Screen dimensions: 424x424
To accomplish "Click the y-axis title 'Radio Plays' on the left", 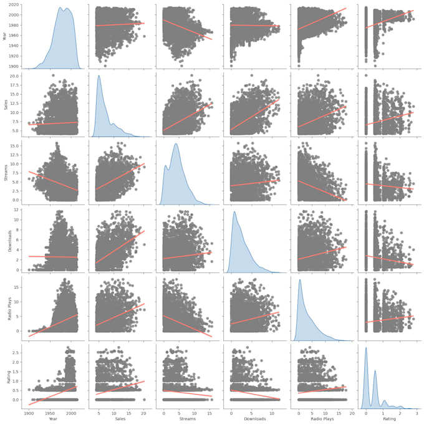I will coord(6,306).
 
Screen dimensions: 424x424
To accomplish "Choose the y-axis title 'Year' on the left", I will coord(6,36).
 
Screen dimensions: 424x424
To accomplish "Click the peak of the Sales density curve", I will coord(99,75).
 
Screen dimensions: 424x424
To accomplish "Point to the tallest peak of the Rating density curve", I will coord(365,347).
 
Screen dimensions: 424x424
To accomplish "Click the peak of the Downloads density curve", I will coord(234,211).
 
